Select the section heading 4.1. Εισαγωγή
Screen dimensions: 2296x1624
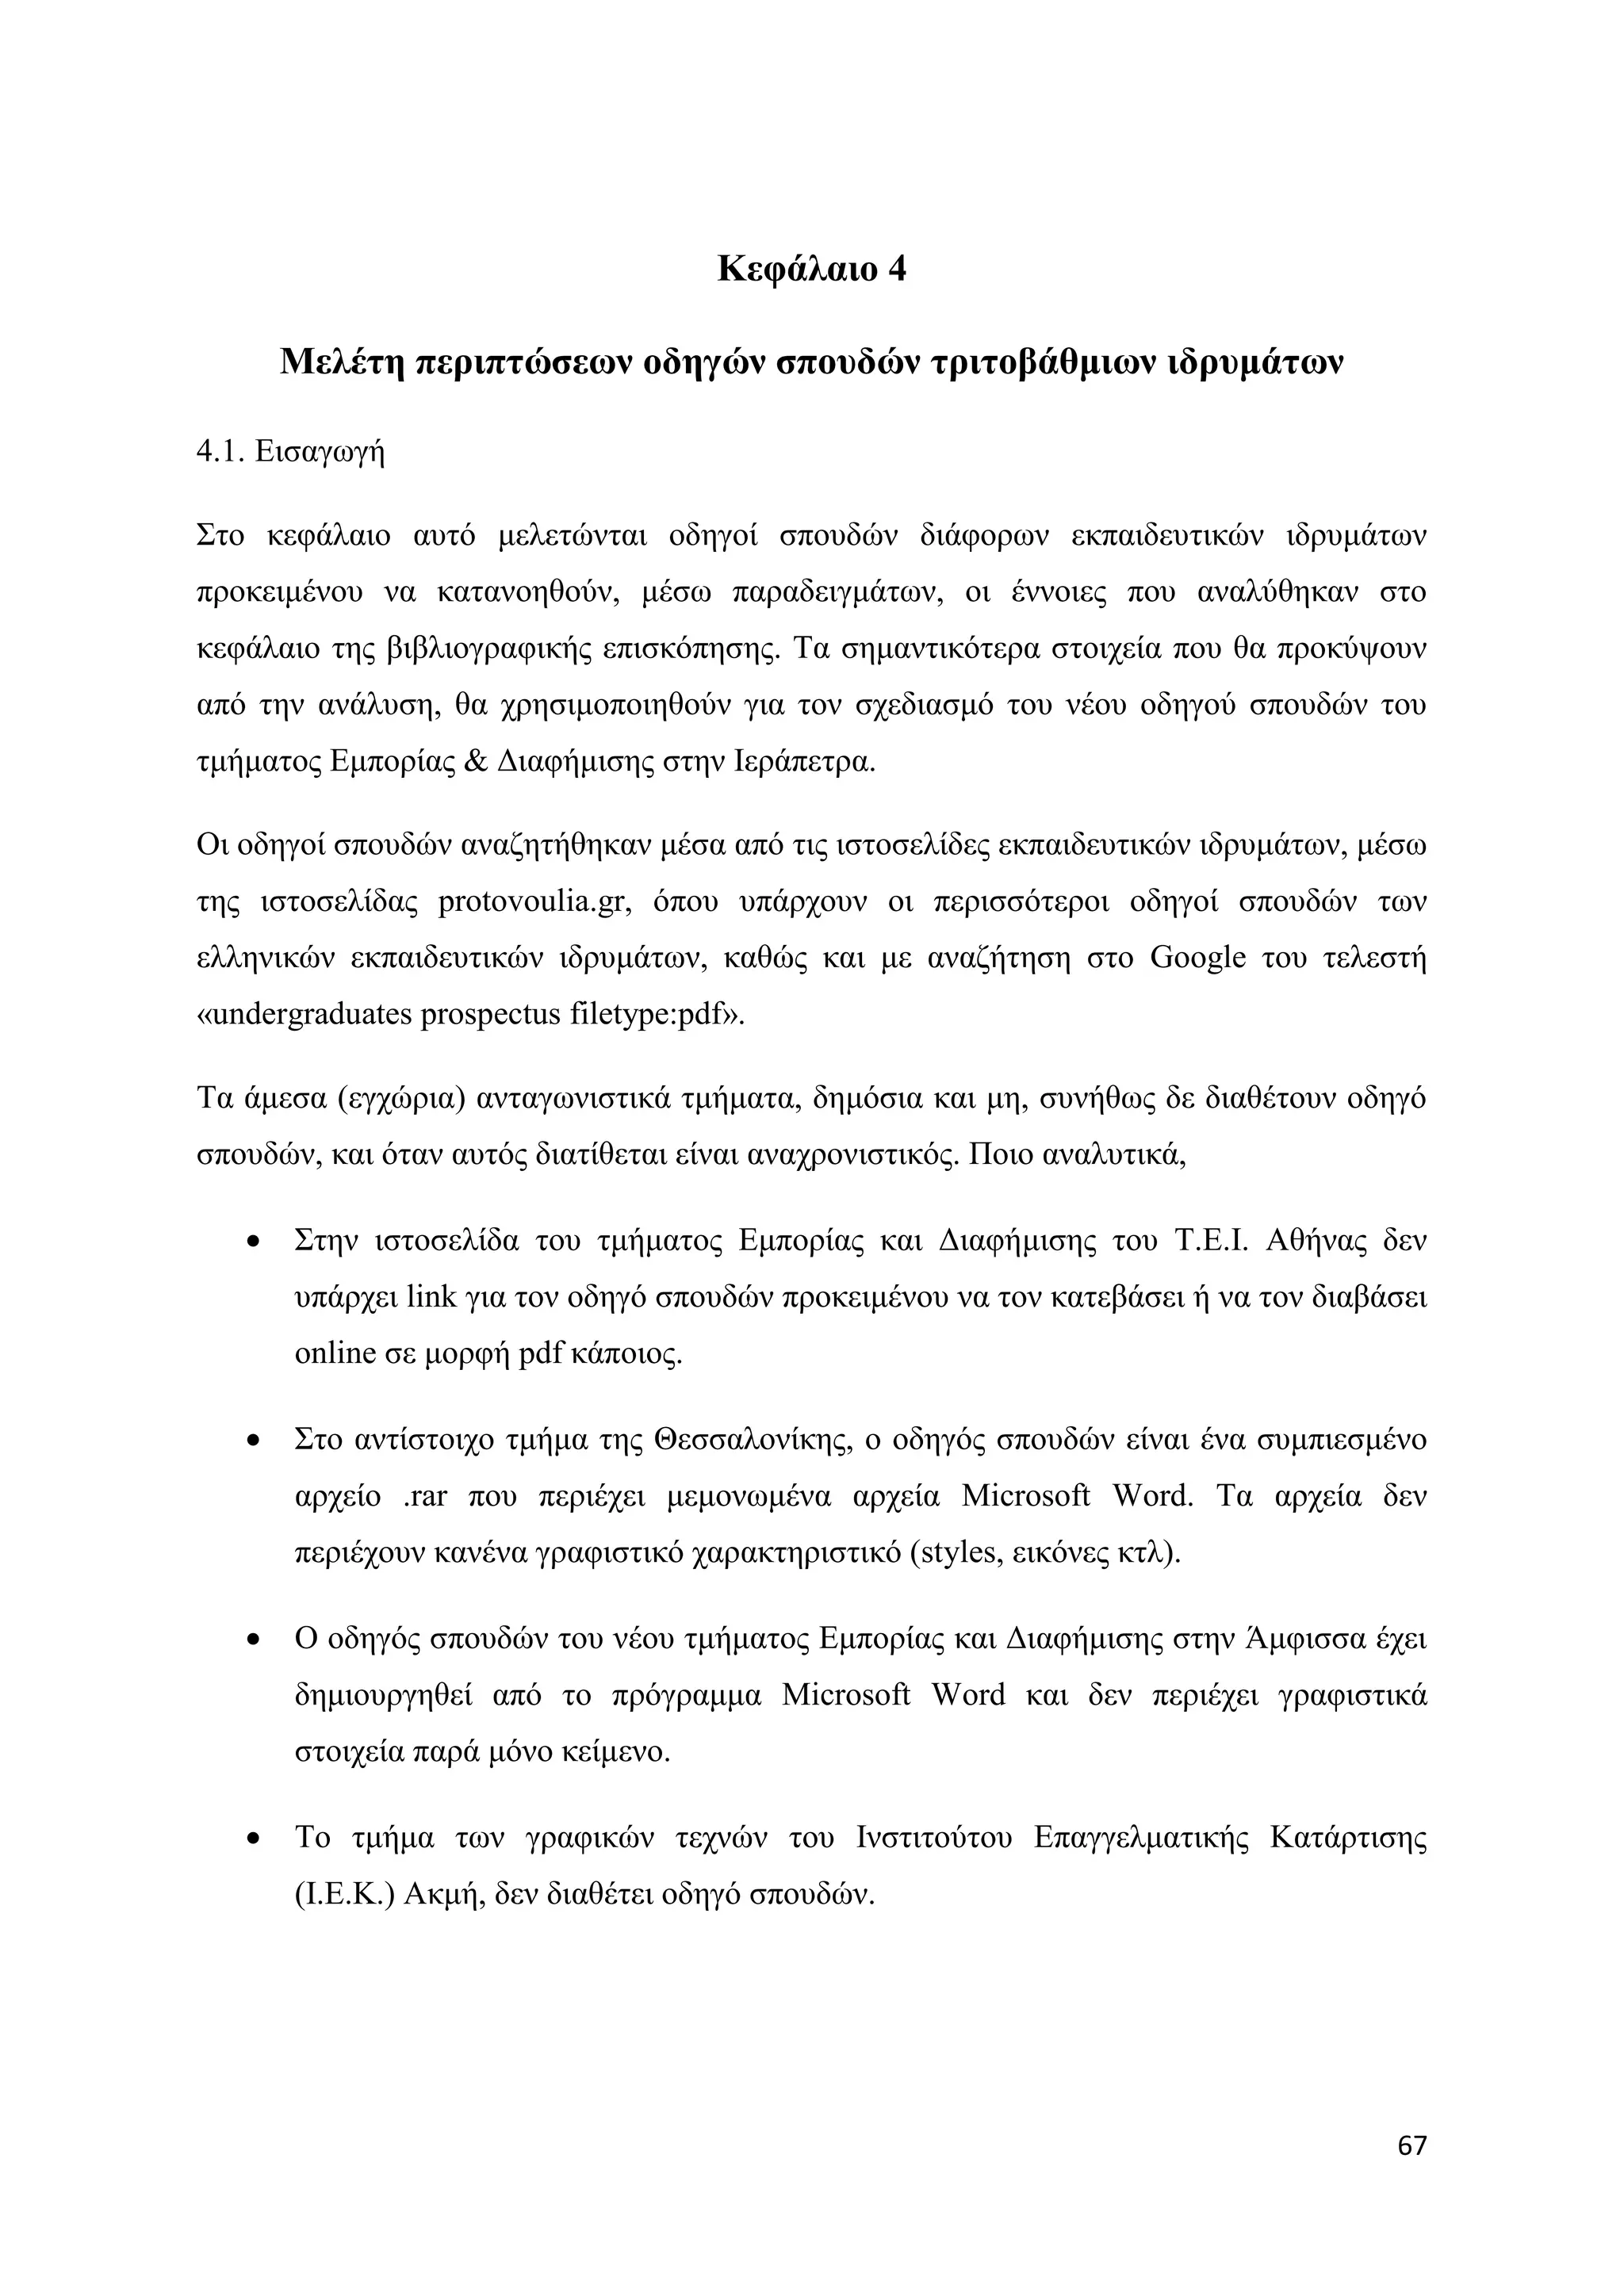(x=291, y=451)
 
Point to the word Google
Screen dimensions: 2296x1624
(x=1198, y=957)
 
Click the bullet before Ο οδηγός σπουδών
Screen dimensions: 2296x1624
(x=254, y=1642)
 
